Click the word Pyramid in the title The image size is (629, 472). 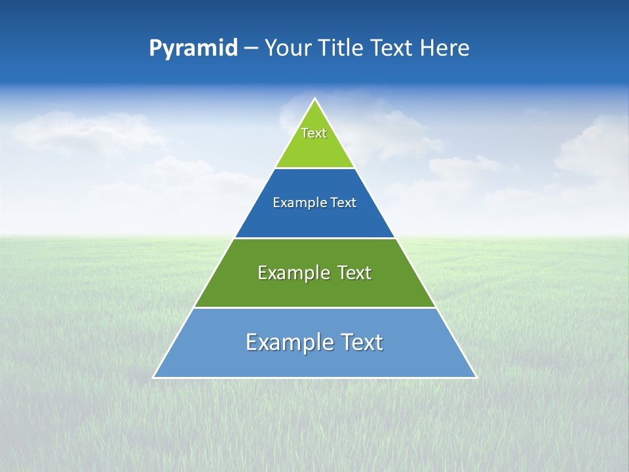(193, 49)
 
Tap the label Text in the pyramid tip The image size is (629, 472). (314, 133)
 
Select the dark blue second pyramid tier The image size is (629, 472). (314, 220)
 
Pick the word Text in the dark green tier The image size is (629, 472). (354, 273)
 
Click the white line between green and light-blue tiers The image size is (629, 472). (314, 307)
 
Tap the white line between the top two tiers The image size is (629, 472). (314, 168)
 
